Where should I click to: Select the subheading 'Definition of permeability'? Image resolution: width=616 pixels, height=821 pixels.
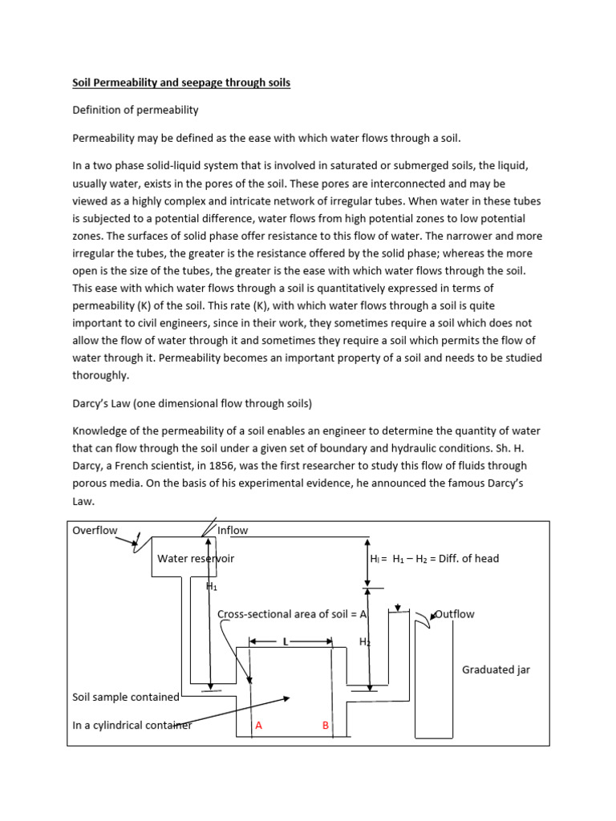[136, 110]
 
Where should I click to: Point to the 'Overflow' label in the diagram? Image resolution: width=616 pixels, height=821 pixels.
[95, 530]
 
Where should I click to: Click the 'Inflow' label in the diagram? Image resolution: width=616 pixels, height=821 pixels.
[233, 530]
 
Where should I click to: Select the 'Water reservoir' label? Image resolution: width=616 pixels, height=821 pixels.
[196, 558]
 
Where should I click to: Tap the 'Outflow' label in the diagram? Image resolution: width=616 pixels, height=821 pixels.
[454, 614]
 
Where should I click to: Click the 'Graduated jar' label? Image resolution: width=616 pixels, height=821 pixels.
[496, 669]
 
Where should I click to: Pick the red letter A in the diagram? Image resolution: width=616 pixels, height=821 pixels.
[258, 726]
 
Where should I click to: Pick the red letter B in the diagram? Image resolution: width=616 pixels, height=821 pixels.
[326, 726]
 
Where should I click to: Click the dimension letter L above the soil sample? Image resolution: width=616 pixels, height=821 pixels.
[286, 642]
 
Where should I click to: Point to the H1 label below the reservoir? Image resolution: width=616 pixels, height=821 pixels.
[212, 586]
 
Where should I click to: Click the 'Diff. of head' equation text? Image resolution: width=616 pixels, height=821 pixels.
[434, 558]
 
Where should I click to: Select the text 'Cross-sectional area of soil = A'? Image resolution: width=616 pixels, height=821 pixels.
[292, 614]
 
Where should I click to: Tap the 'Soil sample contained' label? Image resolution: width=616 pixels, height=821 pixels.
[126, 698]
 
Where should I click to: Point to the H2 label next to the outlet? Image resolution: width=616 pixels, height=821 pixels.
[365, 642]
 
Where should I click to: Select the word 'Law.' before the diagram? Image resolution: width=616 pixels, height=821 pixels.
[83, 501]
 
